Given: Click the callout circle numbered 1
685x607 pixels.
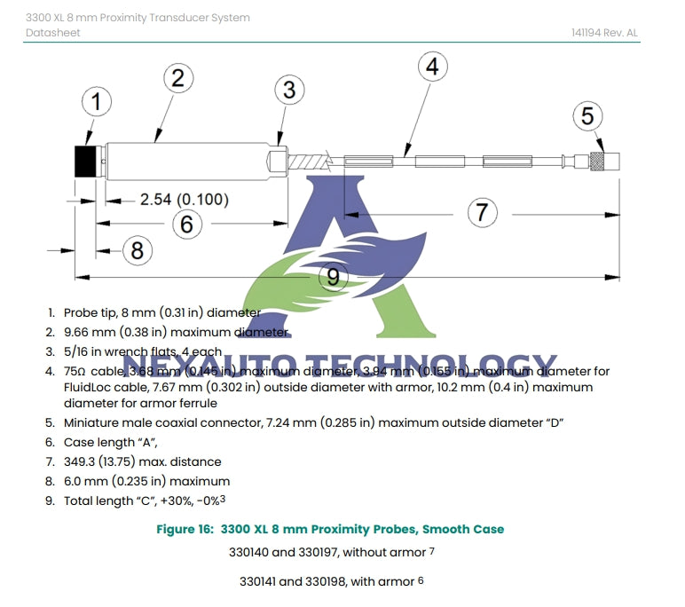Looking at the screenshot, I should (97, 102).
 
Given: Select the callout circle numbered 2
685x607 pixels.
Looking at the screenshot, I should (177, 78).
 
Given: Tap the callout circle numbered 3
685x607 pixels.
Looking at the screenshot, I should (289, 89).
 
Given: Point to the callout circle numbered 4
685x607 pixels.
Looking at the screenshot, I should (431, 67).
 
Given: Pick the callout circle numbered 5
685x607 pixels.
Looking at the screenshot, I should (587, 116).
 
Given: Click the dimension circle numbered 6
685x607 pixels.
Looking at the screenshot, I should (186, 224).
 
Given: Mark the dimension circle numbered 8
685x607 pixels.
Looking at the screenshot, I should (137, 250).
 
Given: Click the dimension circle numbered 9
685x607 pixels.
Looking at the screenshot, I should (333, 277).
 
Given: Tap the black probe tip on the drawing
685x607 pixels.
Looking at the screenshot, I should (86, 162).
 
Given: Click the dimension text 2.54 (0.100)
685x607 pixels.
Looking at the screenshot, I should (184, 200).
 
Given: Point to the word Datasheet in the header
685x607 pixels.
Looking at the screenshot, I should (52, 33).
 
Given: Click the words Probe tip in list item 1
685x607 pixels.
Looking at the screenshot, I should (91, 312).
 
